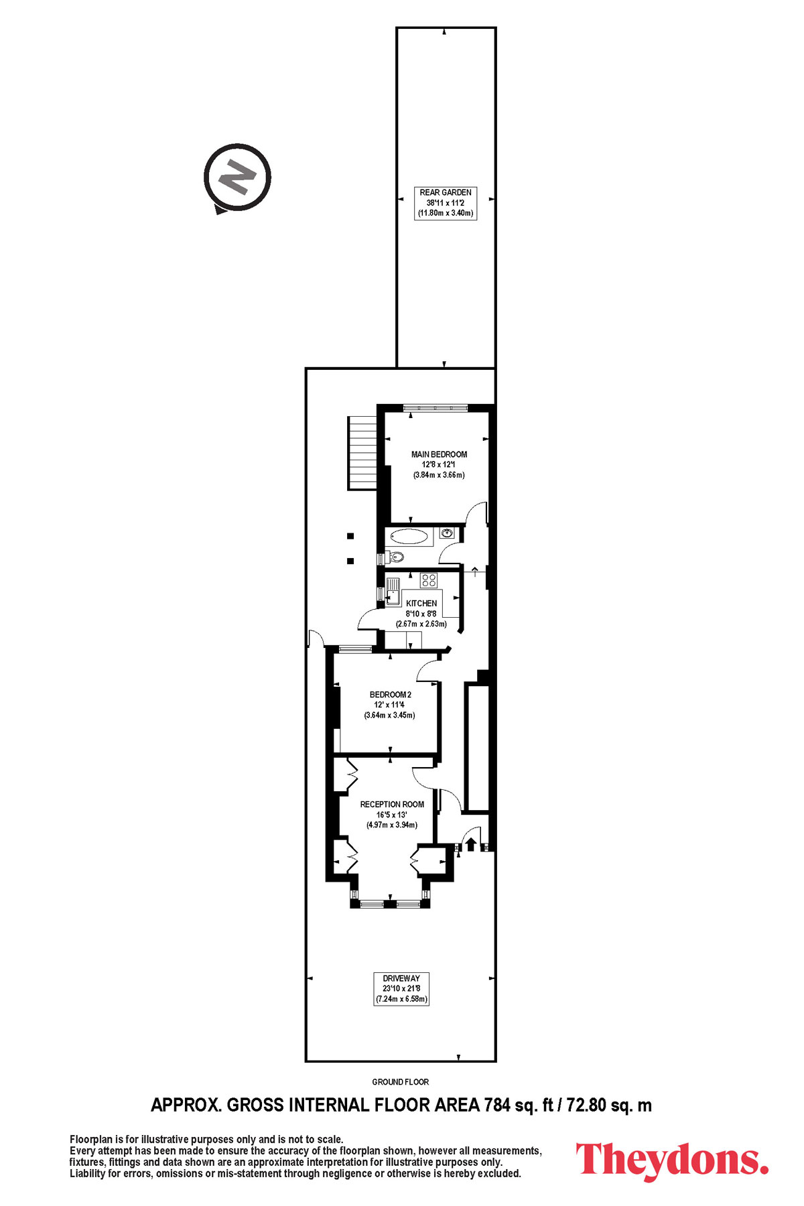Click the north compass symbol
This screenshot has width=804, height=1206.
coord(237,178)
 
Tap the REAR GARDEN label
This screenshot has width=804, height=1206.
coord(446,192)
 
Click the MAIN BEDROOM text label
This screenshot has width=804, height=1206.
coord(439,454)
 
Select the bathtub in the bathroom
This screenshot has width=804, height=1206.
coord(409,536)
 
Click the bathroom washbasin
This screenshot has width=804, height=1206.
coord(448,533)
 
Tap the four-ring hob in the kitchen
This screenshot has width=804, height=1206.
coord(429,580)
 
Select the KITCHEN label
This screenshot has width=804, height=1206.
coord(421,603)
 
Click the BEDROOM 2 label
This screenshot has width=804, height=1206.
coord(391,695)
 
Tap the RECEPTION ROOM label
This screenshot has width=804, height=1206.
coord(392,804)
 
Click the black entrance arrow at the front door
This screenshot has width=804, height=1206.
coord(471,844)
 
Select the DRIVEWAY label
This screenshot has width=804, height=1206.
coord(401,978)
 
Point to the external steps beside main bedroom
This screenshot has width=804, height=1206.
coord(363,452)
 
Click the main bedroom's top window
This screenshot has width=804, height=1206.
coord(435,407)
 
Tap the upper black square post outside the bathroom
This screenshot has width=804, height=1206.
coord(350,535)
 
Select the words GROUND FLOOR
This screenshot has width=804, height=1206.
coord(401,1081)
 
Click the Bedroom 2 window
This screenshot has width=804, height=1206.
coord(355,649)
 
